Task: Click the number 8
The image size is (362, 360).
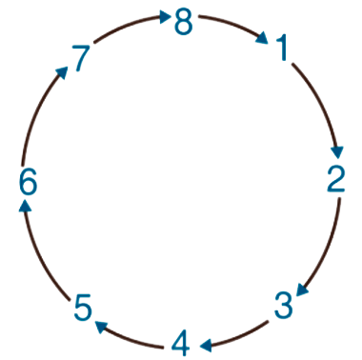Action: (184, 22)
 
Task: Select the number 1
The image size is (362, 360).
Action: (282, 48)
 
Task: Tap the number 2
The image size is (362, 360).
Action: (336, 178)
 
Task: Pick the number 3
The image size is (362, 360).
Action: (283, 306)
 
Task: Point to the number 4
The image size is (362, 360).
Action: (181, 344)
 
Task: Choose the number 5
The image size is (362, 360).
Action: (83, 307)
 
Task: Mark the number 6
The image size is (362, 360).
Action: (28, 182)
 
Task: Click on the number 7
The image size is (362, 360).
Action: (81, 58)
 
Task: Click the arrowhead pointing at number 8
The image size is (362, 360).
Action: (165, 16)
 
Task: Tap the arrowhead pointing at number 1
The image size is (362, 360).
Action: (263, 37)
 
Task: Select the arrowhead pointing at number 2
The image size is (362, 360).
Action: (337, 152)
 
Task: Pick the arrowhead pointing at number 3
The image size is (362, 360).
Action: (302, 290)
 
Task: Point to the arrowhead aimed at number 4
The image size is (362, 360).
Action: (206, 346)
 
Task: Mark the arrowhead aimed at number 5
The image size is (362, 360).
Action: (101, 327)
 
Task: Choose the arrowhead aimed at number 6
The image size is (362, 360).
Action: (25, 207)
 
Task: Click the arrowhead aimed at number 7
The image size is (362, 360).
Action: (62, 73)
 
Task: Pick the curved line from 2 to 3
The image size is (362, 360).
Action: (327, 245)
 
